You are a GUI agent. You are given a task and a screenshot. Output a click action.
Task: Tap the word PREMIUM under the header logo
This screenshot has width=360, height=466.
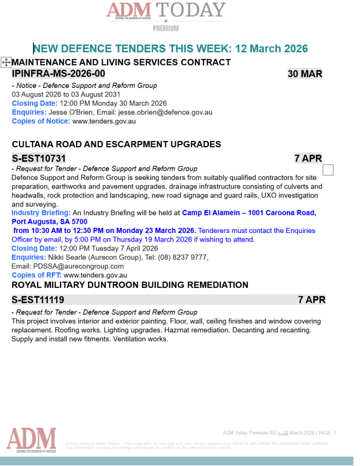coord(166,28)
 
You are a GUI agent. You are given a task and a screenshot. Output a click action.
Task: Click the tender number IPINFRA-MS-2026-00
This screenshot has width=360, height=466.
coord(58,74)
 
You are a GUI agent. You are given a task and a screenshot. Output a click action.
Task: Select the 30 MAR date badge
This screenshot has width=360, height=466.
coord(305,74)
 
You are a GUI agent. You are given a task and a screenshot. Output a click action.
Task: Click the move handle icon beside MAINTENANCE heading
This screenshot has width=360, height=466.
coord(6,62)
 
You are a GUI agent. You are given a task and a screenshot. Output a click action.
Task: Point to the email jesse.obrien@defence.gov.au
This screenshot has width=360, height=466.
coord(165,113)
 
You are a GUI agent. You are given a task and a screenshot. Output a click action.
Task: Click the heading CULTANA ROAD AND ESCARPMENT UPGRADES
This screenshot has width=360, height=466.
coord(116,144)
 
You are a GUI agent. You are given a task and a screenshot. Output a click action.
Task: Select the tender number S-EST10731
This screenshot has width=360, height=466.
coord(39,158)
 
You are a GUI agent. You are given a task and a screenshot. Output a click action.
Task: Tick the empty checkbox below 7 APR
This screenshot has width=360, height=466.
coord(328,170)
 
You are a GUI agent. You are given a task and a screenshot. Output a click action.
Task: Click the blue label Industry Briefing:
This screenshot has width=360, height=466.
coord(41,213)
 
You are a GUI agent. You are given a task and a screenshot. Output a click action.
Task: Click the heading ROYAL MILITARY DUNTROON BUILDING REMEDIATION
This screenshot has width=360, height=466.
coord(130,285)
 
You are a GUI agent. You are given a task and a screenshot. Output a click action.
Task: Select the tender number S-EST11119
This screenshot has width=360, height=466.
coord(38,299)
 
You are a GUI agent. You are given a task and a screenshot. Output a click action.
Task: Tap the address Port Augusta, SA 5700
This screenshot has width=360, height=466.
coord(49,222)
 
